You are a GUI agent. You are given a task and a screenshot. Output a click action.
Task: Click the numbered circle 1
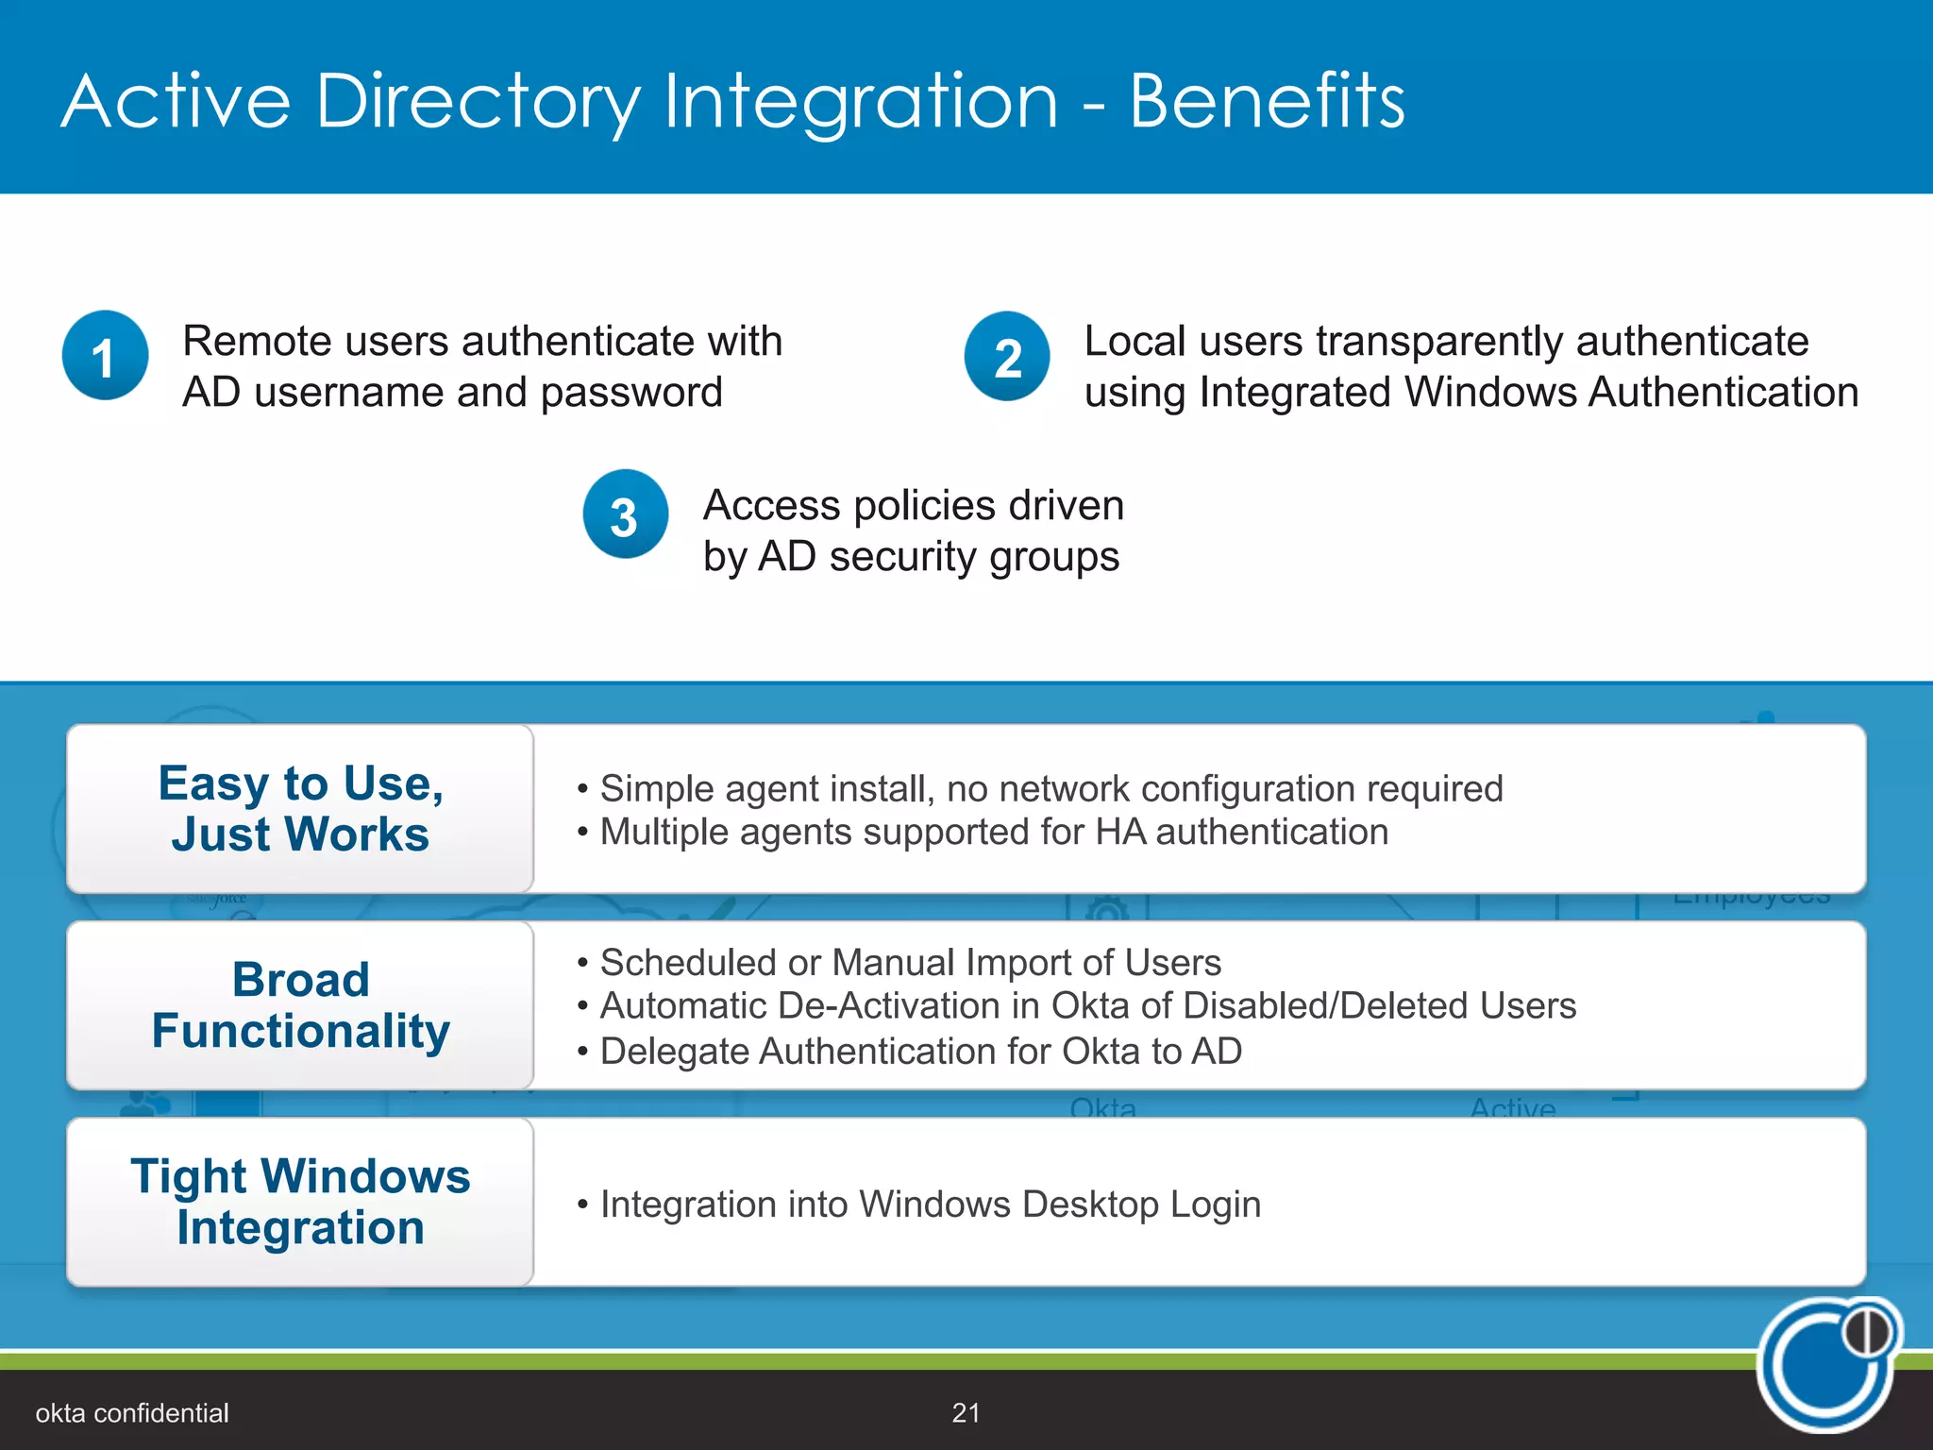tap(105, 356)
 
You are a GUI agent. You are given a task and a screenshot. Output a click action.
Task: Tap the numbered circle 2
tap(1007, 357)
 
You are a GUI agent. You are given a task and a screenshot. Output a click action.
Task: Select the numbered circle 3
tap(625, 514)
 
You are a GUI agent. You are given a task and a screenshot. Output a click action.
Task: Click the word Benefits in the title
tap(1267, 101)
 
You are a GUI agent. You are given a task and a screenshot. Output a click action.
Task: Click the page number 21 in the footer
tap(966, 1412)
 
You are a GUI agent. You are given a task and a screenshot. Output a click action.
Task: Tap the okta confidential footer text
tap(132, 1412)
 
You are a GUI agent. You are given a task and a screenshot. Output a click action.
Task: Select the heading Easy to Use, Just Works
tap(300, 808)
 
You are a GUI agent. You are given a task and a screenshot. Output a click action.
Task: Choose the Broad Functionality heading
tap(300, 1004)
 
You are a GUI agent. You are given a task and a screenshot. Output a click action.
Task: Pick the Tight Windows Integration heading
tap(300, 1201)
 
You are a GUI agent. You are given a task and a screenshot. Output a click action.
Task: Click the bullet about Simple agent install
tap(1051, 788)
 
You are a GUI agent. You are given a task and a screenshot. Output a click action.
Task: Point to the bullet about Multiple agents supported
tap(993, 832)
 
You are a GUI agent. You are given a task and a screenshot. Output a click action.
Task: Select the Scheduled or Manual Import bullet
tap(910, 962)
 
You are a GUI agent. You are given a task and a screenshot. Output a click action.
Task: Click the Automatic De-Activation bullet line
tap(1087, 1005)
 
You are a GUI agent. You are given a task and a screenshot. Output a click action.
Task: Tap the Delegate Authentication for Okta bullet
tap(920, 1051)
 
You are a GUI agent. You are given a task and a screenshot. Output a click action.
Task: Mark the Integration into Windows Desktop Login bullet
tap(930, 1204)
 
